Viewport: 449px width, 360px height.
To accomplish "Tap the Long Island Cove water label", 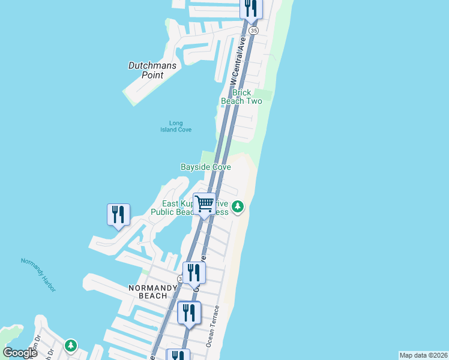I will coord(172,127).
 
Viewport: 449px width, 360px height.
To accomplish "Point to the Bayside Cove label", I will coord(206,167).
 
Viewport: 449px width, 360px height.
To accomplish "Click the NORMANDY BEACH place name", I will coord(153,292).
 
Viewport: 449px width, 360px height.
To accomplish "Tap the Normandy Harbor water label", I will coord(38,275).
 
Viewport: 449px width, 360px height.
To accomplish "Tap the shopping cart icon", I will coord(204,205).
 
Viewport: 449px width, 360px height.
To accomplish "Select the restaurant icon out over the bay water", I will coord(118,214).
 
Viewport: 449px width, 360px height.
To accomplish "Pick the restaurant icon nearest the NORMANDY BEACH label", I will coord(194,272).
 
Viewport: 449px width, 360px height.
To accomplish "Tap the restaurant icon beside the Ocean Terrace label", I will coord(189,313).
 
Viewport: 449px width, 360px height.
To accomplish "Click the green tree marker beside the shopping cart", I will coord(238,207).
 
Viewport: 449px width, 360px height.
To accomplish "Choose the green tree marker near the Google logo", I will coord(71,345).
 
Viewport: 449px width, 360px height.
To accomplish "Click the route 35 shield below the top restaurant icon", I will coord(254,30).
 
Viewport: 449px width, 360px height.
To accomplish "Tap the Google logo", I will coord(20,353).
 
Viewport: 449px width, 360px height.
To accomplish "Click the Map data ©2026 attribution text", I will coord(423,355).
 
